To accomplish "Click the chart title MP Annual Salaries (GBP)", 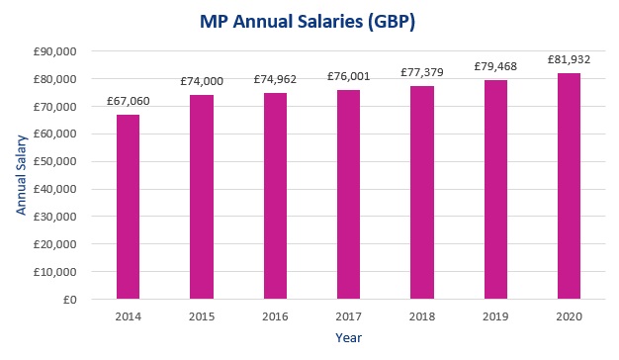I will tap(309, 21).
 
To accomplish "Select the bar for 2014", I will tap(129, 207).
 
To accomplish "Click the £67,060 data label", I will tap(129, 102).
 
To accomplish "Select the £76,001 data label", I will tap(348, 77).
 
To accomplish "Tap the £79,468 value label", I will tap(495, 68).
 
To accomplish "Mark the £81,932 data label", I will tap(569, 60).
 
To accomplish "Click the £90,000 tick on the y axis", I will tap(63, 50).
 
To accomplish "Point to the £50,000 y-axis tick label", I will tap(63, 161).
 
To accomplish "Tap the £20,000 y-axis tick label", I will tap(63, 243).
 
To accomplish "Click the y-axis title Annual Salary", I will tap(19, 175).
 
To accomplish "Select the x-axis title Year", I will tap(348, 338).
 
